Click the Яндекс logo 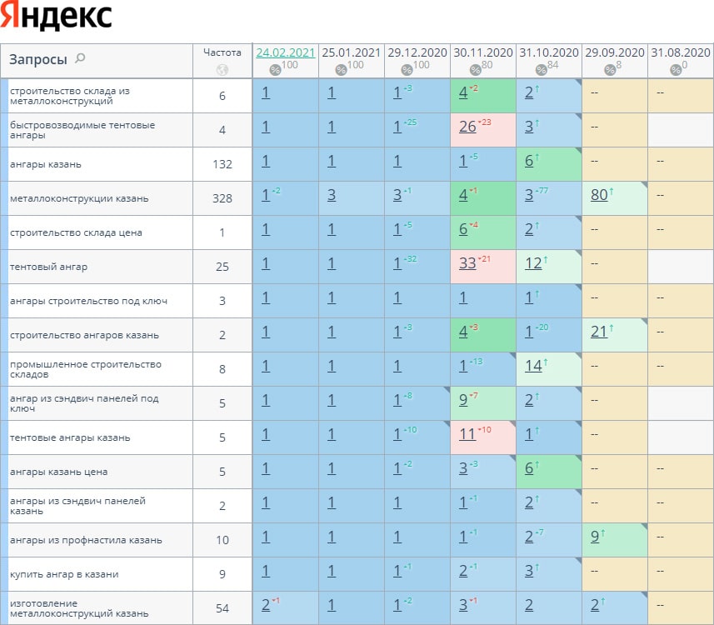pos(57,17)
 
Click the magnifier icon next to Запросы pos(80,58)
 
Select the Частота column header pos(222,52)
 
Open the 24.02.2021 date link pos(286,52)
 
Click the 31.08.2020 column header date pos(681,52)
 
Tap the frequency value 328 pos(222,198)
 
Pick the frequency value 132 pos(222,164)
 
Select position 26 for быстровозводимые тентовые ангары pos(467,127)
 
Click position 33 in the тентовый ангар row pos(467,264)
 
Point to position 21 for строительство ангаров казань pos(597,332)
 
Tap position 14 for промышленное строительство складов pos(533,367)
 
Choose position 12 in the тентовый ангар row pos(533,264)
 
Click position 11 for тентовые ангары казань pos(467,435)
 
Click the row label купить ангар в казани pos(64,574)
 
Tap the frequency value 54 pos(222,608)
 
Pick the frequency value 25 pos(222,267)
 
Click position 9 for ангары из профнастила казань pos(594,537)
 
